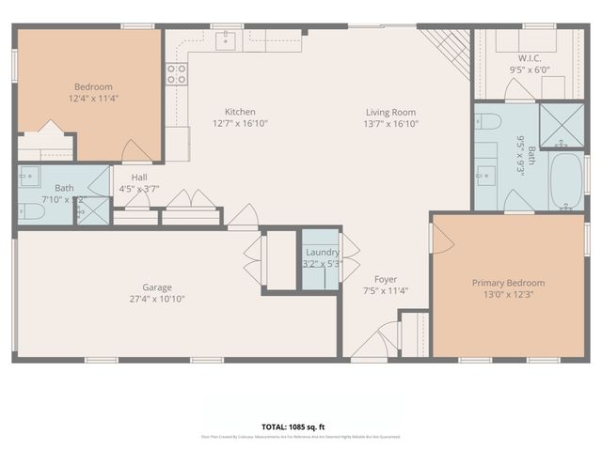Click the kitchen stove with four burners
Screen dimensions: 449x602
(x=177, y=74)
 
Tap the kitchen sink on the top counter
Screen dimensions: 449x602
(x=226, y=39)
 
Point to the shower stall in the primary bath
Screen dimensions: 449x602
(x=561, y=125)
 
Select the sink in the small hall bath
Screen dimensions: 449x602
(x=29, y=175)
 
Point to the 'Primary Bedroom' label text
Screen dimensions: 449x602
(x=508, y=283)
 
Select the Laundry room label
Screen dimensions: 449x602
(x=322, y=252)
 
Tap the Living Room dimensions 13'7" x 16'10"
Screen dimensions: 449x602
(x=391, y=124)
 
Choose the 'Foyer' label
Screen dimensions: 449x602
(x=386, y=279)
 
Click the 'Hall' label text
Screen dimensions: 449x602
(x=139, y=176)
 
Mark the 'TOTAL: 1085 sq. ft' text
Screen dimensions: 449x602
(x=301, y=426)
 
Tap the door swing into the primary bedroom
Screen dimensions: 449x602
(x=442, y=240)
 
